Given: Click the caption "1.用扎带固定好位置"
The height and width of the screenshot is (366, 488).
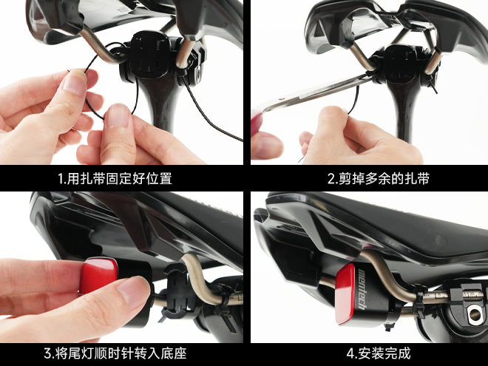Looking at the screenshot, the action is tap(115, 179).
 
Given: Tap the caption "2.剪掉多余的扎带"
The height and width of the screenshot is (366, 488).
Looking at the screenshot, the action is tap(379, 179).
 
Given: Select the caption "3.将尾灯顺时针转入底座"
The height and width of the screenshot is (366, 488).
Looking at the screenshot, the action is tap(115, 353).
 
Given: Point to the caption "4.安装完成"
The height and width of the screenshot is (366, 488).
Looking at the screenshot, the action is tap(379, 353).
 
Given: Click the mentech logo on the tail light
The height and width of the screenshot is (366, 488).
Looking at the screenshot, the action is tap(362, 289).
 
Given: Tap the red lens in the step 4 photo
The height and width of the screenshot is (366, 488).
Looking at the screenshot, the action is tap(345, 294).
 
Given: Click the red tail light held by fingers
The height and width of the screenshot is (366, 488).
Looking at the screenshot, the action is tap(99, 276).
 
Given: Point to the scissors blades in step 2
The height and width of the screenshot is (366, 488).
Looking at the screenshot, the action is tap(314, 93).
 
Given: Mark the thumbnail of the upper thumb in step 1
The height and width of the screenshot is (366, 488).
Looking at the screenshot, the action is tap(75, 81).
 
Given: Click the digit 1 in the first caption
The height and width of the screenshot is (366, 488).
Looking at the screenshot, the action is tap(61, 179).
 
